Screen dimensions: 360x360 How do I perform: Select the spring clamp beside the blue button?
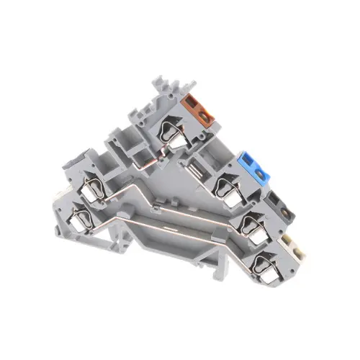pos(230,186)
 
